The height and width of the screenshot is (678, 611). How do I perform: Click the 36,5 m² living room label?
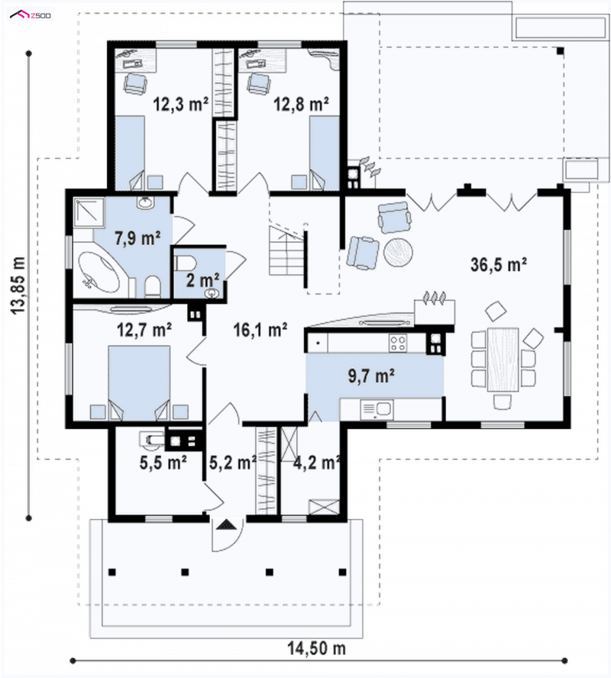coord(498,265)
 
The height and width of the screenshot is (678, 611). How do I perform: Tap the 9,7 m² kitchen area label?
coord(371,376)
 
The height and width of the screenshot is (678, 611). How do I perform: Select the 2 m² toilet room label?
coord(202,280)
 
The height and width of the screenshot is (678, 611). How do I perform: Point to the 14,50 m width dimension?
coord(317,648)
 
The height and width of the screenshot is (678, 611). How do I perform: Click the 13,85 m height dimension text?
coord(18,286)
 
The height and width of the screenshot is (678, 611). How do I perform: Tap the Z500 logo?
coord(31,15)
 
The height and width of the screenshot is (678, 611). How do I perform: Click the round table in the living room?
coord(398,252)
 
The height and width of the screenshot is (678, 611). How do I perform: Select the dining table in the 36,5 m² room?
coord(503,360)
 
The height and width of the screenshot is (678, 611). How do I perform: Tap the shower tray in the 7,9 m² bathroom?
coord(89,212)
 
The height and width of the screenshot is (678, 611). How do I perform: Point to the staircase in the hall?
coord(286,250)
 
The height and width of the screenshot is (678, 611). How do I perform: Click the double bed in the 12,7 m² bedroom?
coord(138,383)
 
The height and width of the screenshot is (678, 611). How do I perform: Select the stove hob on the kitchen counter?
coord(398,344)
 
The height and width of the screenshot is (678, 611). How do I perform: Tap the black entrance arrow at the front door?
coord(227,525)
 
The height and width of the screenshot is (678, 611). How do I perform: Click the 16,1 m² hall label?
coord(260,331)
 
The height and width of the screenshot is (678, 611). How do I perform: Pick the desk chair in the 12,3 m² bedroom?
coord(136,83)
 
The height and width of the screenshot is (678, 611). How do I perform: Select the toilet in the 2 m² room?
coord(185,263)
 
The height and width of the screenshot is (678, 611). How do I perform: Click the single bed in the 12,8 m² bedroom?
coord(324,153)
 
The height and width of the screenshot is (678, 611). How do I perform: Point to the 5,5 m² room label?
coord(163,463)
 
